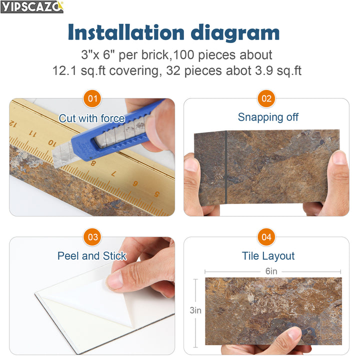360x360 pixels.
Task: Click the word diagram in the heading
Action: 240,32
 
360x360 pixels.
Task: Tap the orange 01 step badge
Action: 92,98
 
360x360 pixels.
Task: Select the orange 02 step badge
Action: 266,98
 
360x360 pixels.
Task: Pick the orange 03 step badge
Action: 92,237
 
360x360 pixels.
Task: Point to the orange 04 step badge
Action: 266,237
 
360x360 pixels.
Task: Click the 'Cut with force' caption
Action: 91,118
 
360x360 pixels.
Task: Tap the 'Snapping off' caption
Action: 268,117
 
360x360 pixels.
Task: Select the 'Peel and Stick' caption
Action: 91,256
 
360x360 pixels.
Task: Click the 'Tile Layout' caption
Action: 268,256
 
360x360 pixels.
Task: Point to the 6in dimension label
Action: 271,271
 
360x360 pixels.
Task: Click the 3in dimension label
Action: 195,310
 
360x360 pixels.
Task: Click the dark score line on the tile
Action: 226,167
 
